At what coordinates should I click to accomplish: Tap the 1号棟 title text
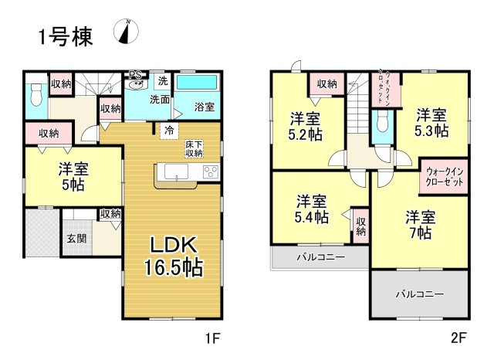pos(66,36)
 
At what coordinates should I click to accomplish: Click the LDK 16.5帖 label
pos(171,256)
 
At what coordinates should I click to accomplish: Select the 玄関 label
pos(75,239)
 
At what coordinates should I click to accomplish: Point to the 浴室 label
pos(204,106)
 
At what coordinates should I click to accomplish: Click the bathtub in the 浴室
pos(198,83)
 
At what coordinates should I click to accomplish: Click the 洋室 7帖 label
pos(421,223)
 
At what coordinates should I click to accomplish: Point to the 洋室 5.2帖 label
pos(305,125)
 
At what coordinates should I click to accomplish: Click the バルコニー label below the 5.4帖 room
pos(320,256)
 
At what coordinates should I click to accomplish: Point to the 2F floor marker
pos(459,338)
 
